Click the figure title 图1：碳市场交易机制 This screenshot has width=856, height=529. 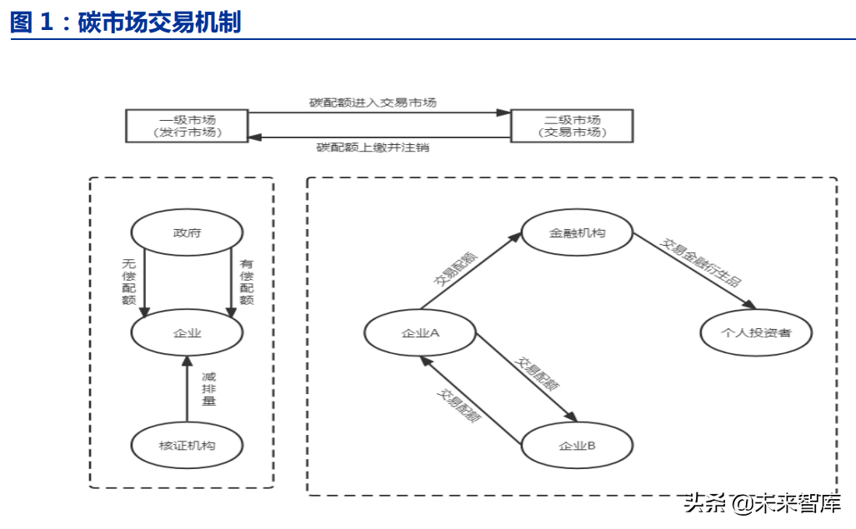click(x=126, y=22)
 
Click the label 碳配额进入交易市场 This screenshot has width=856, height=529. click(x=373, y=102)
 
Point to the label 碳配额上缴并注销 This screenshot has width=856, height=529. click(x=373, y=147)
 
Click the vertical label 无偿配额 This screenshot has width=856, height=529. click(x=129, y=282)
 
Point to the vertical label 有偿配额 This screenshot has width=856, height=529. click(x=247, y=282)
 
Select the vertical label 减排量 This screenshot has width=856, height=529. click(x=209, y=389)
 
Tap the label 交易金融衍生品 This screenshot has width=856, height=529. click(x=700, y=262)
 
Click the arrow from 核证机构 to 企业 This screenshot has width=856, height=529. click(x=187, y=389)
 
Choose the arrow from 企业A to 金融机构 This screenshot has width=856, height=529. click(x=471, y=271)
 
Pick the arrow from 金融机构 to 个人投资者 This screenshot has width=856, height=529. click(x=694, y=271)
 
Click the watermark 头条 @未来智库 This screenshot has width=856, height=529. click(x=762, y=503)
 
